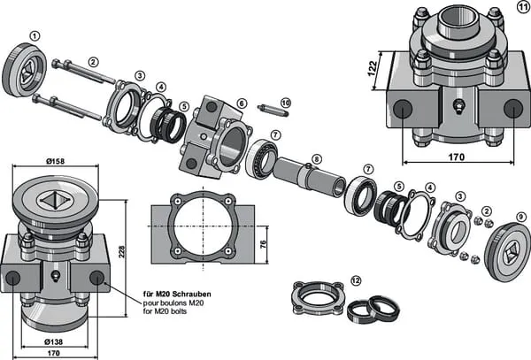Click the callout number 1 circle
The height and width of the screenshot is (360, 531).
pos(35,35)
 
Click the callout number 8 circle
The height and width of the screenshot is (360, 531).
pos(317,160)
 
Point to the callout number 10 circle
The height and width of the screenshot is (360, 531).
pos(285,103)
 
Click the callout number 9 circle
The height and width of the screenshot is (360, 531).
pos(520,213)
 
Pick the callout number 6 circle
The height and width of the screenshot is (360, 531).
pos(242,103)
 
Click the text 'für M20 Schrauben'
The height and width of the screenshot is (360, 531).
pos(176,293)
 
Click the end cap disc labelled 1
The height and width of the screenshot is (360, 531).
pos(26,70)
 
